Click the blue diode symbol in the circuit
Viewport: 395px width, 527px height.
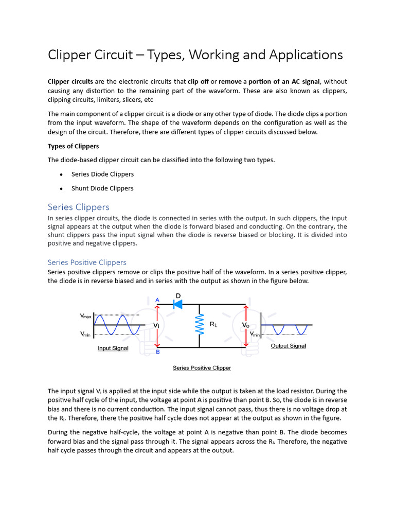coord(178,304)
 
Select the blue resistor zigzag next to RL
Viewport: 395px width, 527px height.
coord(199,325)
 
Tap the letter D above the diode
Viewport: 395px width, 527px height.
coord(178,295)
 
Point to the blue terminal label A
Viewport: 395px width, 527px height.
coord(157,300)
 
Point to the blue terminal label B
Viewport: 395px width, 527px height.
coord(157,353)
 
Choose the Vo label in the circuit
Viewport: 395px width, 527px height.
coord(246,325)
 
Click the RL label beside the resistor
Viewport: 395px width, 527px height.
coord(213,325)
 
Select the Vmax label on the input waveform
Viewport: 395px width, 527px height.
coord(86,317)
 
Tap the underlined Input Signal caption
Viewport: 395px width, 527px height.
coord(113,348)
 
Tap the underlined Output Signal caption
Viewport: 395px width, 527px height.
coord(288,346)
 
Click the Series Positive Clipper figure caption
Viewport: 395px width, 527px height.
coord(202,368)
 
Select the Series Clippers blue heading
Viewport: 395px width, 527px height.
coord(79,207)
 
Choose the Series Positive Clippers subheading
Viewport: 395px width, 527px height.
coord(87,262)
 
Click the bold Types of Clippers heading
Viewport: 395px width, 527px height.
coord(74,146)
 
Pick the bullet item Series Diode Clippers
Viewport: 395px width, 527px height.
coord(102,174)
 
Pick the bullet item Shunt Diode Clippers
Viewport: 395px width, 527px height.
coord(102,188)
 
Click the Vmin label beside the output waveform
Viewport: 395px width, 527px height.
coord(255,335)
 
